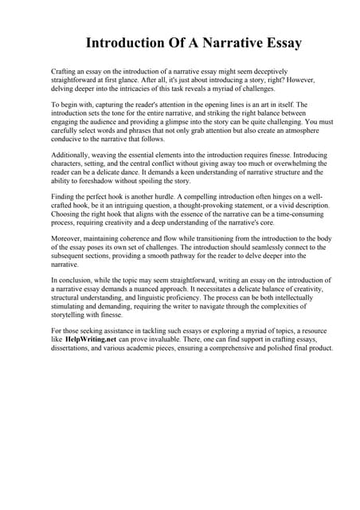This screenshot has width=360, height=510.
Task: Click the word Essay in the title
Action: (275, 41)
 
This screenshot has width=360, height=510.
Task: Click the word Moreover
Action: (68, 237)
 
